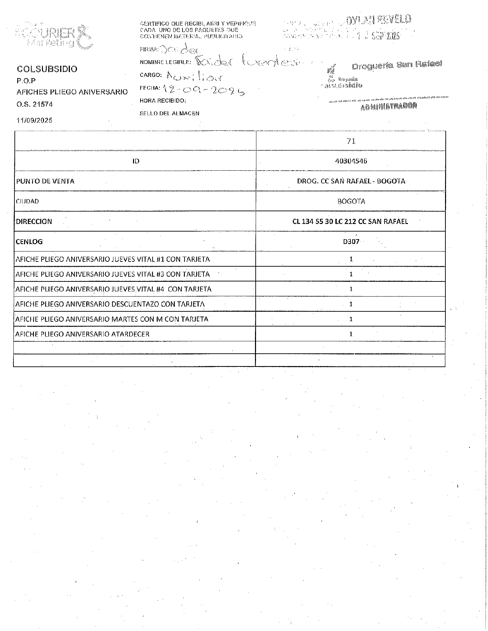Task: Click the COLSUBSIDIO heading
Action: coord(47,69)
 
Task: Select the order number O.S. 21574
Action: coord(35,104)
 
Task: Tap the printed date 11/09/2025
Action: coord(34,120)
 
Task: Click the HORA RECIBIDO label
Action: coord(163,101)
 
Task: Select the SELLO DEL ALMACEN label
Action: coord(169,113)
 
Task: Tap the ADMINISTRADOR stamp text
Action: coord(389,106)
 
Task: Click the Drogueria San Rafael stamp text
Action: coord(397,65)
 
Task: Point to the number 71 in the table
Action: coord(351,141)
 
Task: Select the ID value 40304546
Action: coord(351,161)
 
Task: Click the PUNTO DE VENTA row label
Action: coord(45,181)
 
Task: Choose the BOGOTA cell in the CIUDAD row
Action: coord(351,201)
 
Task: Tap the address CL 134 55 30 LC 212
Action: coord(350,222)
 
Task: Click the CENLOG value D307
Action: coord(351,242)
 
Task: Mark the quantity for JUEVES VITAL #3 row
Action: coord(351,274)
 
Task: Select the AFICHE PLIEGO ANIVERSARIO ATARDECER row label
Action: coord(82,334)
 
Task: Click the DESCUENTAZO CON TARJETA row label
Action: coord(110,304)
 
